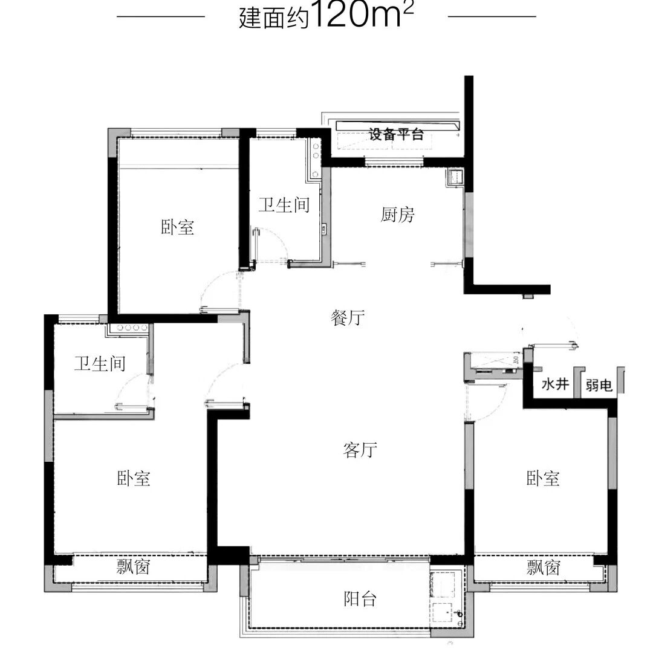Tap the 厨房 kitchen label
[397, 215]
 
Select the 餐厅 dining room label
[348, 318]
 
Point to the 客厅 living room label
[360, 450]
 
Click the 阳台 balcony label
[360, 599]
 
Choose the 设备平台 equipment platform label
[396, 134]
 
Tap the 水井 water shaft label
[556, 384]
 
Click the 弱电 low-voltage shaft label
[599, 385]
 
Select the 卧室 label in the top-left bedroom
[178, 227]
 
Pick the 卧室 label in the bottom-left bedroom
[134, 478]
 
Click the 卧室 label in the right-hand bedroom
[543, 478]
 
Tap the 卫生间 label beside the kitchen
[284, 205]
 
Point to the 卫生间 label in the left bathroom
[100, 364]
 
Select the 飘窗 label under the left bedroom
[133, 567]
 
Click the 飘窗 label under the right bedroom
[544, 567]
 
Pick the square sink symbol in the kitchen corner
[455, 177]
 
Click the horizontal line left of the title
[161, 17]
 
